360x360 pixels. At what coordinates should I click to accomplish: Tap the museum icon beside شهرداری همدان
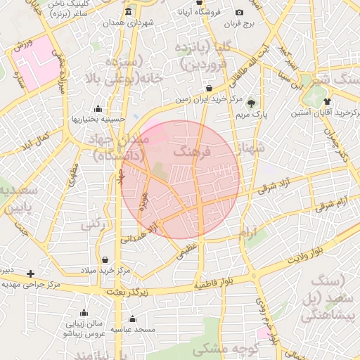[127, 12]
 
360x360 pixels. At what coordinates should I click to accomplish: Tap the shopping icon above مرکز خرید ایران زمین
[209, 89]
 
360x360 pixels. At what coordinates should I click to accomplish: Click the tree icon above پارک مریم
[252, 103]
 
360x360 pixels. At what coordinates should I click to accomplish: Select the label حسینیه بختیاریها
[98, 119]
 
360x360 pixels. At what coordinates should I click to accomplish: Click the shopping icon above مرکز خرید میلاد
[105, 259]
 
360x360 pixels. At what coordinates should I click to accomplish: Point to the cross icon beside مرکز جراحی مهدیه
[30, 273]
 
